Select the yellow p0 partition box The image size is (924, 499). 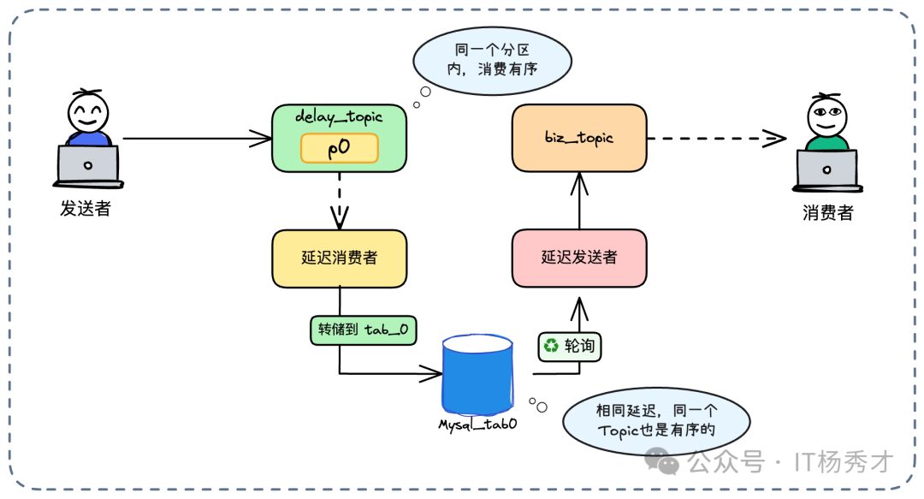pyautogui.click(x=339, y=148)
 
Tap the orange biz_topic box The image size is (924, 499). pyautogui.click(x=579, y=137)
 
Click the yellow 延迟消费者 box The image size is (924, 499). pyautogui.click(x=339, y=258)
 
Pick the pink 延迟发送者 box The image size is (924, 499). pyautogui.click(x=579, y=258)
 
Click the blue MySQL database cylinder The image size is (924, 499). pyautogui.click(x=477, y=373)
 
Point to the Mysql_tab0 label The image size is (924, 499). pyautogui.click(x=477, y=423)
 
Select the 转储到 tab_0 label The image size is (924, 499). pyautogui.click(x=363, y=330)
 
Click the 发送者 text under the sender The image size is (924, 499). pyautogui.click(x=85, y=208)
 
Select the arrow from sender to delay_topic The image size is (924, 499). pyautogui.click(x=197, y=137)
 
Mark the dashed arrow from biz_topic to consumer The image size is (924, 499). pyautogui.click(x=715, y=138)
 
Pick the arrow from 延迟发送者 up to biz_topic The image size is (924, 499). pyautogui.click(x=580, y=201)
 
